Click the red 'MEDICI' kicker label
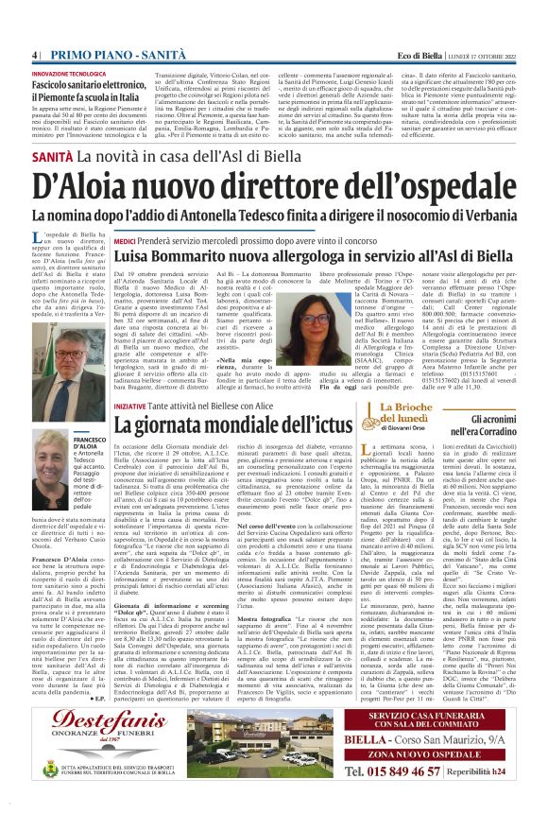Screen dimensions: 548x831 [x=127, y=241]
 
